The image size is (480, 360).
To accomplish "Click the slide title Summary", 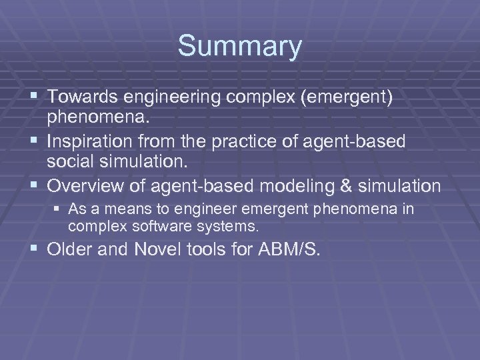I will click(239, 47).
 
